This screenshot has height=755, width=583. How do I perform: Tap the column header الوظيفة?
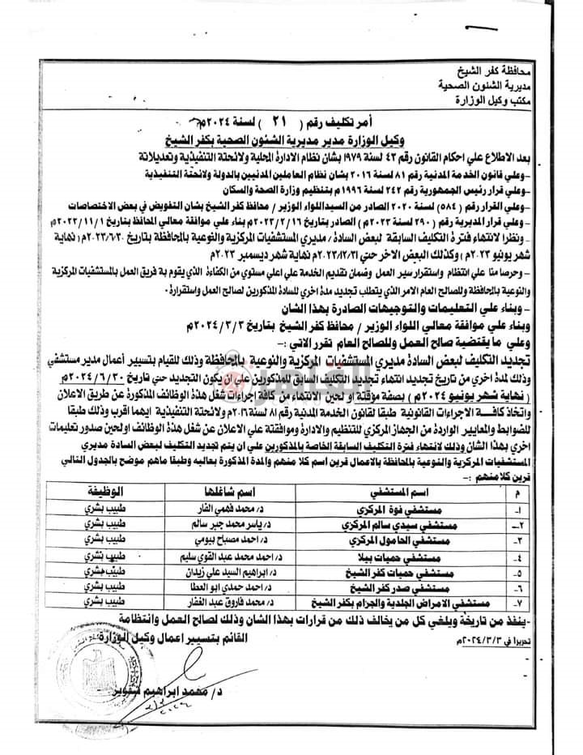[x=102, y=492]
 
